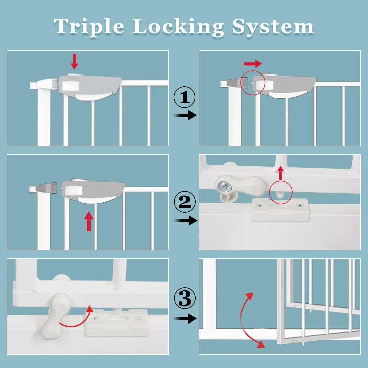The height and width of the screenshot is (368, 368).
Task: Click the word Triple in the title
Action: coord(89,27)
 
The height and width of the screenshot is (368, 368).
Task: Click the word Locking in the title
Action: coord(179,27)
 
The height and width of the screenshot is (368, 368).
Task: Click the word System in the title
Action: coord(273,27)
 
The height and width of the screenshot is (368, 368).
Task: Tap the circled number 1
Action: coord(184,97)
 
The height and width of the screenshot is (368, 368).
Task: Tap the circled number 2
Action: coord(184,202)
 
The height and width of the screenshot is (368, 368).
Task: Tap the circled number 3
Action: coord(184,299)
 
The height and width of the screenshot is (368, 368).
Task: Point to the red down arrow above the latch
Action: coord(74,61)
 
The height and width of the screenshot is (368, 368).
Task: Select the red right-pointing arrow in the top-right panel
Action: coord(253,63)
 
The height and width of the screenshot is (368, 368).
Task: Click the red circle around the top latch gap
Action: coord(253,83)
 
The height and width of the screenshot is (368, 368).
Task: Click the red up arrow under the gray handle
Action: coord(89,221)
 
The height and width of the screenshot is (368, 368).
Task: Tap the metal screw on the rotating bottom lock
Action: coord(223,184)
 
